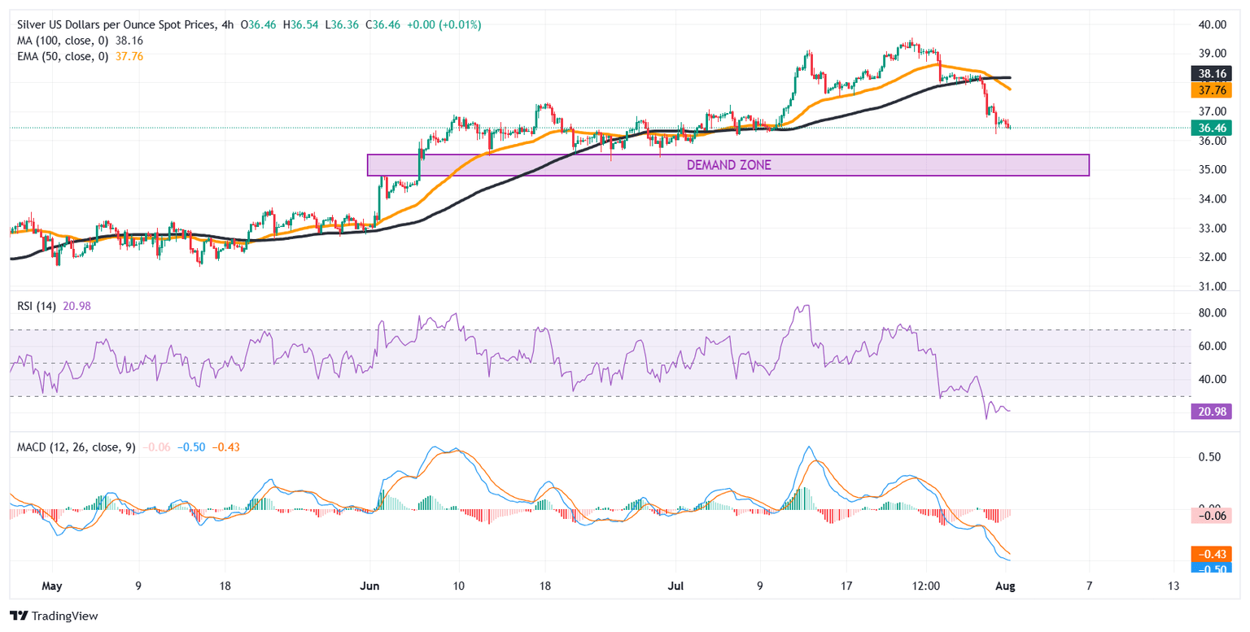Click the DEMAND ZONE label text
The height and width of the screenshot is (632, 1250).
728,165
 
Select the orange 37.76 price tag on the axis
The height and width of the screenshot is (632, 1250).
1211,89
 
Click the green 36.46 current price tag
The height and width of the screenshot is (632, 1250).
1211,128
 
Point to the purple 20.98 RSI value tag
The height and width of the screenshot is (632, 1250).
1211,412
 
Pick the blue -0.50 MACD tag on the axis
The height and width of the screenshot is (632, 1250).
1211,567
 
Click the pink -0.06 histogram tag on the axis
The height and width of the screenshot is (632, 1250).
1211,515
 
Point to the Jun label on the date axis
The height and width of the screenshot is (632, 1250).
370,586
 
